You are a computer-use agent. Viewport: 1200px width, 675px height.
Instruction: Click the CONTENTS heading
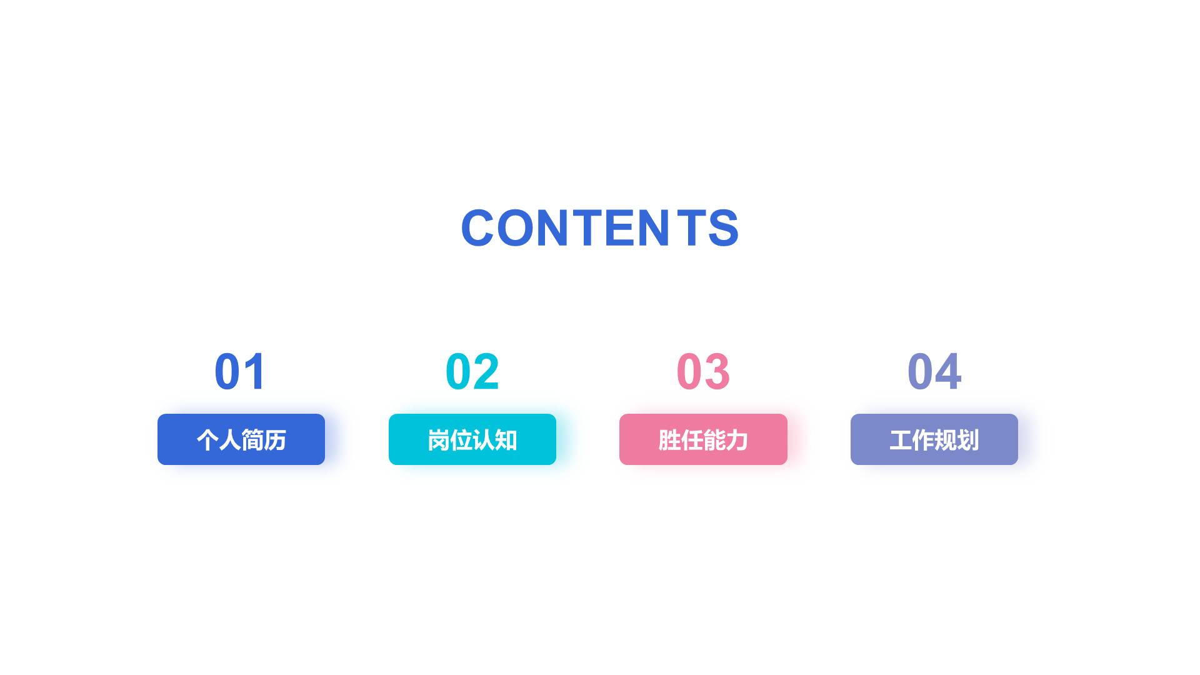(x=600, y=227)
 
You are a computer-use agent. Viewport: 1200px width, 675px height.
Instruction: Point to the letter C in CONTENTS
(x=477, y=227)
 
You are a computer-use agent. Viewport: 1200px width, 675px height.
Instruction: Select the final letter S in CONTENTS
(x=724, y=227)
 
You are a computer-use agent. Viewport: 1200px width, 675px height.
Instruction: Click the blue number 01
(x=241, y=372)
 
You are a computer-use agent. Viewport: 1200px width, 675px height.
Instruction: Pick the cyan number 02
(x=472, y=372)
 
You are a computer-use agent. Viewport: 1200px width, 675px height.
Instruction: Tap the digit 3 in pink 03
(x=717, y=372)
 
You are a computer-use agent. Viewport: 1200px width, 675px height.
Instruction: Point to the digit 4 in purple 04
(x=948, y=372)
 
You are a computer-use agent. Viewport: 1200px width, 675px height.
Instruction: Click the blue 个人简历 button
(x=241, y=439)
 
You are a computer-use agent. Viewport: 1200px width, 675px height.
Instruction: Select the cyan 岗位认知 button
(x=472, y=439)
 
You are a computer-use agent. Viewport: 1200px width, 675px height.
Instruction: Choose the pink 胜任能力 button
(x=703, y=439)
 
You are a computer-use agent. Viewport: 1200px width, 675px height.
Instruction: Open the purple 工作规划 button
(x=934, y=439)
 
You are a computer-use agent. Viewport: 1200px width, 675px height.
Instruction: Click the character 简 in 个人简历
(x=252, y=441)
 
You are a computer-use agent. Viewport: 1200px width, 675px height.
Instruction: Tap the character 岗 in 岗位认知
(x=439, y=441)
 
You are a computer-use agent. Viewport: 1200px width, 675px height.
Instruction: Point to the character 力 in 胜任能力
(x=737, y=441)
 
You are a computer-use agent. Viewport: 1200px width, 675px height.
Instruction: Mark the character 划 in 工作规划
(x=968, y=441)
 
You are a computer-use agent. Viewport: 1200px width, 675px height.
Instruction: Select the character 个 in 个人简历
(x=207, y=441)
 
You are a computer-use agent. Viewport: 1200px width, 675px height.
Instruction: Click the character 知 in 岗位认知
(x=506, y=441)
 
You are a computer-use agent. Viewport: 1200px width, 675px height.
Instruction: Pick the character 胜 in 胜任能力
(x=669, y=441)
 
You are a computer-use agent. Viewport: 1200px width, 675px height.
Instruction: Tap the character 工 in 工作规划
(x=901, y=441)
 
